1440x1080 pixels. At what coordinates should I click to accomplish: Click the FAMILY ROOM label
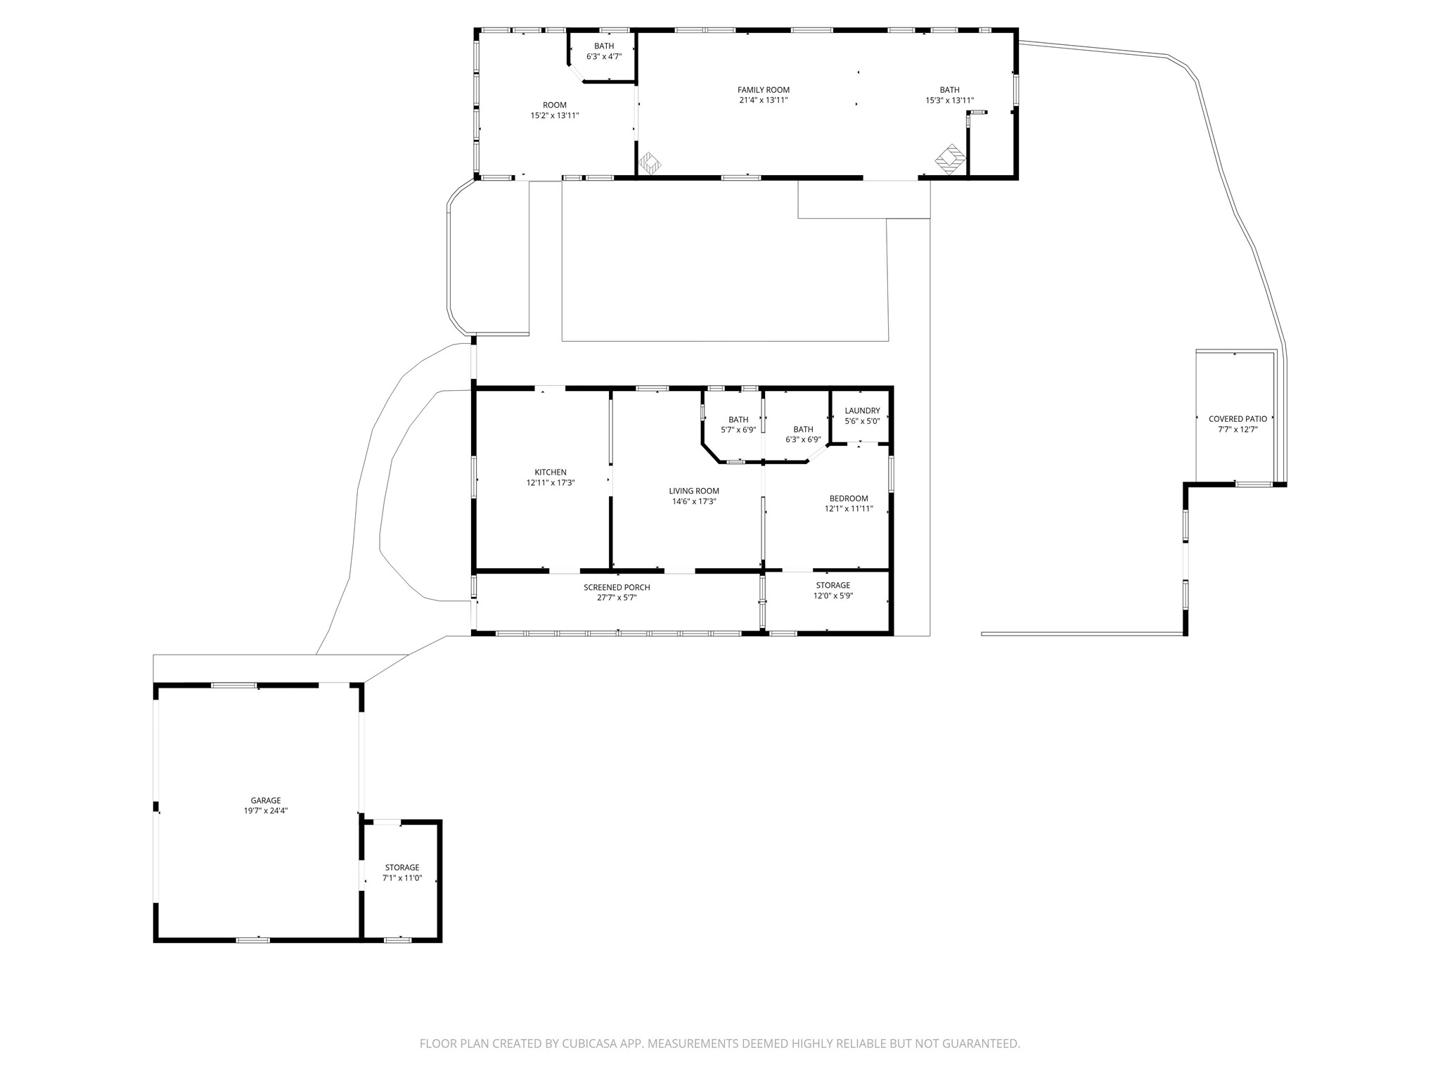coord(764,90)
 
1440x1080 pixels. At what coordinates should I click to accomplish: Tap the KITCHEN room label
coord(551,472)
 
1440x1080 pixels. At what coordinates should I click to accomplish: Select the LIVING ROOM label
coord(694,491)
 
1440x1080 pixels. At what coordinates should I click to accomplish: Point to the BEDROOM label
coord(849,499)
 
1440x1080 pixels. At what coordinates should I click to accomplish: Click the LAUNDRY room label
coord(862,411)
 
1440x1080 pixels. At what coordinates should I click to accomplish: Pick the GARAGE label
coord(266,800)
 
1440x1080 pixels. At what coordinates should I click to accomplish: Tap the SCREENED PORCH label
coord(617,588)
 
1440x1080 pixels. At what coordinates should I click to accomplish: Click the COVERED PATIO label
coord(1237,419)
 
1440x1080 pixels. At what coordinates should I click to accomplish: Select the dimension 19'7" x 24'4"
coord(266,811)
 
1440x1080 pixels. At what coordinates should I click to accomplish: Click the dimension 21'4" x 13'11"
coord(764,100)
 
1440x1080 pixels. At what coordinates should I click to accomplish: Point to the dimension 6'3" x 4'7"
coord(604,56)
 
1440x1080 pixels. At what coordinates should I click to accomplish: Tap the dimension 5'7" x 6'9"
coord(738,430)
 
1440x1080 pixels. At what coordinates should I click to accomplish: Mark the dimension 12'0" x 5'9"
coord(833,596)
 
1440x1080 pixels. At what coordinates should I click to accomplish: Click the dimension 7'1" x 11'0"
coord(402,877)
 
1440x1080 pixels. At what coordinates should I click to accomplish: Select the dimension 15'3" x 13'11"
coord(949,100)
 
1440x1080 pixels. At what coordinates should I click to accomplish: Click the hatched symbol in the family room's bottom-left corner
coord(650,163)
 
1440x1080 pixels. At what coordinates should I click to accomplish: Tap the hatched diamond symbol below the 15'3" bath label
coord(951,159)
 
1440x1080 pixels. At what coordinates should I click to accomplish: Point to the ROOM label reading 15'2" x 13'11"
coord(555,105)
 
